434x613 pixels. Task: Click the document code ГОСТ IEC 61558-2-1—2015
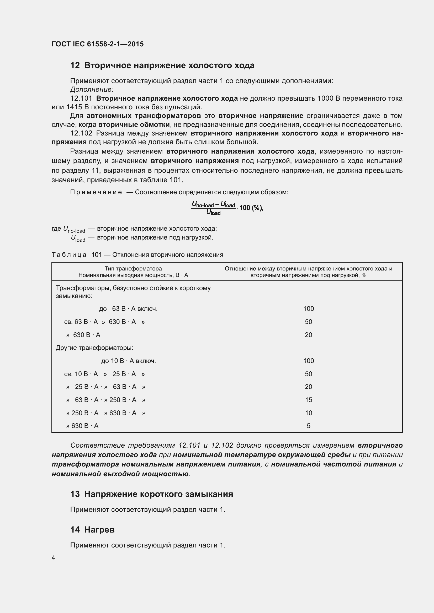pyautogui.click(x=98, y=44)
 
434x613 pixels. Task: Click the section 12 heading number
pyautogui.click(x=75, y=66)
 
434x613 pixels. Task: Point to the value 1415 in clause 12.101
pyautogui.click(x=73, y=107)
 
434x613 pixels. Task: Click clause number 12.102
pyautogui.click(x=81, y=133)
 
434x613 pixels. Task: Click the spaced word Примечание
pyautogui.click(x=96, y=192)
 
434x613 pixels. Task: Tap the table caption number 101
pyautogui.click(x=97, y=255)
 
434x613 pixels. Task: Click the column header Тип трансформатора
pyautogui.click(x=133, y=269)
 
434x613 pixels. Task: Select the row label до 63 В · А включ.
pyautogui.click(x=128, y=309)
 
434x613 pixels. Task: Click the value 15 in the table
pyautogui.click(x=308, y=400)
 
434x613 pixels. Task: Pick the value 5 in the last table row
pyautogui.click(x=308, y=426)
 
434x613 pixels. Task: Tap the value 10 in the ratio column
pyautogui.click(x=308, y=413)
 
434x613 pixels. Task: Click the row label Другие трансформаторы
pyautogui.click(x=94, y=348)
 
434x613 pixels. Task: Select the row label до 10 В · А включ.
pyautogui.click(x=128, y=361)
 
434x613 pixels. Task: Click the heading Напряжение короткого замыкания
pyautogui.click(x=158, y=494)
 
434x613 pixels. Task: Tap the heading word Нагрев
pyautogui.click(x=99, y=530)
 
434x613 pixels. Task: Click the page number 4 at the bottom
pyautogui.click(x=53, y=558)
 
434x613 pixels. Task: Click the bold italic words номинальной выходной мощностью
pyautogui.click(x=120, y=474)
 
